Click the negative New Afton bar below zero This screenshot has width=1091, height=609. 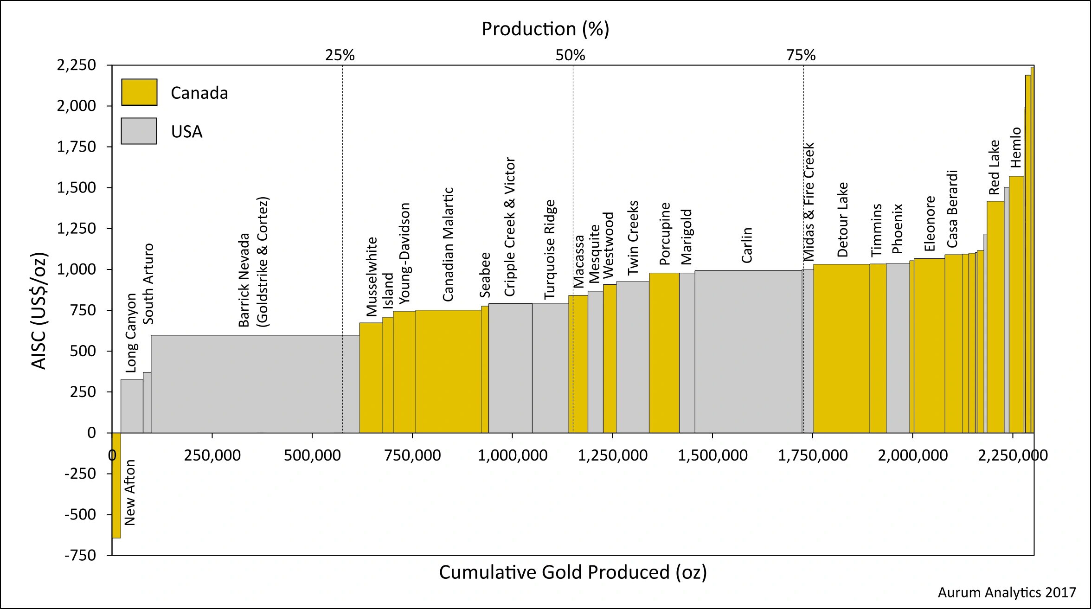pos(116,485)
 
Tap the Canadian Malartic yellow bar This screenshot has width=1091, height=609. pos(448,371)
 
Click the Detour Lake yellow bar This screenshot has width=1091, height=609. pos(841,348)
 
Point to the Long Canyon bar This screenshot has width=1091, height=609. pos(132,406)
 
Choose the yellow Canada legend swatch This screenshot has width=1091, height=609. pos(139,92)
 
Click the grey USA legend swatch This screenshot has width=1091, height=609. pos(139,131)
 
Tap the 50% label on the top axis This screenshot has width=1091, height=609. pos(570,55)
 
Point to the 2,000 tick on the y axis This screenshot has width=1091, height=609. pos(77,106)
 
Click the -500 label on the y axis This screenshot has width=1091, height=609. pos(80,514)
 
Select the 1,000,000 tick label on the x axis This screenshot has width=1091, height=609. pos(513,455)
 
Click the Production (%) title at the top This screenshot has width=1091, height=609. pos(545,29)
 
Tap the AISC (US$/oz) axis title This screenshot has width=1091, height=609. pos(39,311)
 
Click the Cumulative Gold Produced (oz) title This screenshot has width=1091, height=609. pos(573,572)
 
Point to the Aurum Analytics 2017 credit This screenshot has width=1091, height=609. pos(1007,592)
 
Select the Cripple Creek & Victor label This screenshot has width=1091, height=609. pos(510,227)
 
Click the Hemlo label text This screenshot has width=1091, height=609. pos(1016,147)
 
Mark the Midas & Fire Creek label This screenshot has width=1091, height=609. pos(809,202)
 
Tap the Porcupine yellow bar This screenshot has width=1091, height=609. pos(664,353)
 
